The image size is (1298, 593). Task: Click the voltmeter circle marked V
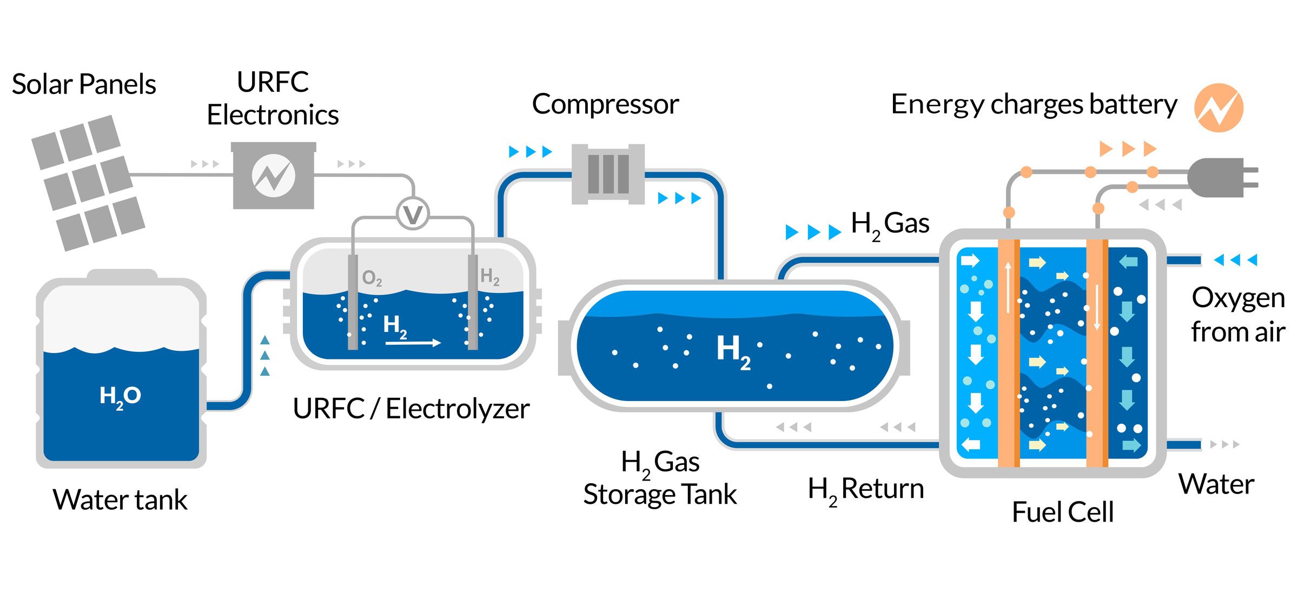tap(413, 214)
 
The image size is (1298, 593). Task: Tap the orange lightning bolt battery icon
tap(1218, 108)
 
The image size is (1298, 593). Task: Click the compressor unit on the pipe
tap(608, 174)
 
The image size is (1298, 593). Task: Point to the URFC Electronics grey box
tap(274, 175)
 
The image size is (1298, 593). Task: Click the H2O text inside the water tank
tap(120, 396)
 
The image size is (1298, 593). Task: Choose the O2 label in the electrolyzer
tap(372, 278)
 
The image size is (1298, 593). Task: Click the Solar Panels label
tap(84, 84)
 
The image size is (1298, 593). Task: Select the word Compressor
tap(605, 104)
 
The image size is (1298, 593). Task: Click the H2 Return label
tap(865, 489)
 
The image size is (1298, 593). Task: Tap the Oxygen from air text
tap(1237, 315)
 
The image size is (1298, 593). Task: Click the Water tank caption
tap(120, 499)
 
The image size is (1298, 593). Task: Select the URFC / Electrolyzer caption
tap(411, 409)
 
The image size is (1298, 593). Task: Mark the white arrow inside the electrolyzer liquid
tap(414, 342)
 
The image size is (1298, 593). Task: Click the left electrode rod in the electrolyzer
tap(353, 303)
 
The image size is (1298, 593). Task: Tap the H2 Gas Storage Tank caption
tap(660, 478)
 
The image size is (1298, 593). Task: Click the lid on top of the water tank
tap(122, 275)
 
